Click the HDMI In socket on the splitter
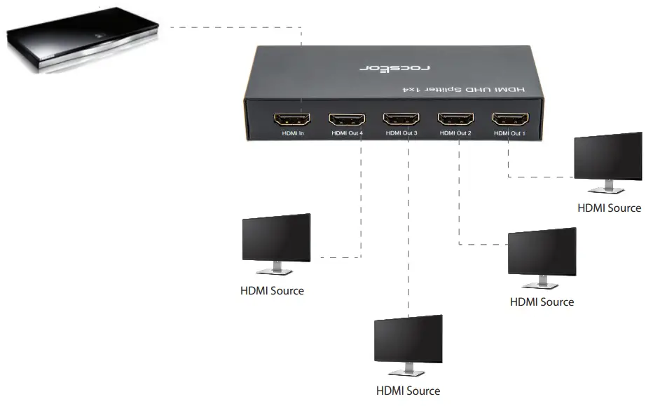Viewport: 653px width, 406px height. tap(291, 119)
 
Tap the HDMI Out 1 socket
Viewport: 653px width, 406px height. tap(510, 119)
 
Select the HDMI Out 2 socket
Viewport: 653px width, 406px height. tap(455, 119)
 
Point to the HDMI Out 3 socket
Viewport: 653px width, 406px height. tap(401, 119)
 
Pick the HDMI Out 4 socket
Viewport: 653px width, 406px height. tap(346, 119)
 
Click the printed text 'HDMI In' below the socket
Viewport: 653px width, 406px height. tap(291, 133)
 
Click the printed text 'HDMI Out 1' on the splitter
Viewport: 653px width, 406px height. tap(509, 133)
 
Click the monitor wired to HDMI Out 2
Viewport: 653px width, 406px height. tap(542, 252)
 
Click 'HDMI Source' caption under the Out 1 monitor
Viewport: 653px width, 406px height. tap(609, 208)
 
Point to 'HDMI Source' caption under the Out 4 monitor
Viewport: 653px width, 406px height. tap(273, 290)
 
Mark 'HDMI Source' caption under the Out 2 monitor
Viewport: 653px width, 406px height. tap(542, 302)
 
